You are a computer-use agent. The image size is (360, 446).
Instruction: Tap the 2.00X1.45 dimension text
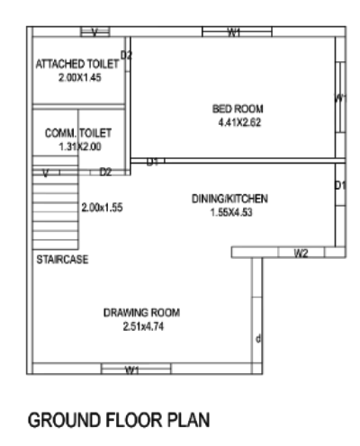76,78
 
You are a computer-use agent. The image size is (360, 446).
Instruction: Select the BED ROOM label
233,109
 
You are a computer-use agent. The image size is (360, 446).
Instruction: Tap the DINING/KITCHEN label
230,200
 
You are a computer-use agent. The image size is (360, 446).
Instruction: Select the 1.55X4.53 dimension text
230,212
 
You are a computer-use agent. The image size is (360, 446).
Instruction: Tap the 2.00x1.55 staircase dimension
101,207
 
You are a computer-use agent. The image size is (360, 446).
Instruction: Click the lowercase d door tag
258,339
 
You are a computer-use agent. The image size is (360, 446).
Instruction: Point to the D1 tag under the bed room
153,162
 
